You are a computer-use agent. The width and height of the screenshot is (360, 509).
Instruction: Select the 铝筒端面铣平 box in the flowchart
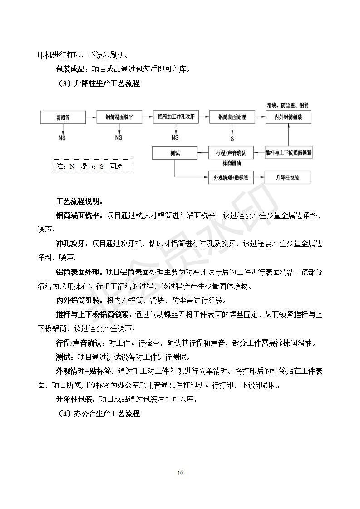(x=119, y=117)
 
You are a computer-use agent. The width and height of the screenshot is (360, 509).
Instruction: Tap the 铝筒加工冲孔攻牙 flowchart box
(x=176, y=117)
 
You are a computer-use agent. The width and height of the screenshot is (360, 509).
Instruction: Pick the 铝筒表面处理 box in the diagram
(x=232, y=117)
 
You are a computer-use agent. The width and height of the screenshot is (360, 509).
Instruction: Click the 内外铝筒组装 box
(x=288, y=117)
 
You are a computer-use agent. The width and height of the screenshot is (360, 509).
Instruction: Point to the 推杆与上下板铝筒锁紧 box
(x=288, y=152)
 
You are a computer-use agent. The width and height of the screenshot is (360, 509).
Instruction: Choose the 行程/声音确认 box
(x=231, y=152)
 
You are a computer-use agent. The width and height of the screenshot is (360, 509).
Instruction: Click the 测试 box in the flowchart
(x=175, y=153)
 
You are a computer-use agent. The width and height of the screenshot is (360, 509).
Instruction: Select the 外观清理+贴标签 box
(x=231, y=177)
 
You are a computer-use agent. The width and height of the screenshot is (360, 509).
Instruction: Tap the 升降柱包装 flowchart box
(x=287, y=177)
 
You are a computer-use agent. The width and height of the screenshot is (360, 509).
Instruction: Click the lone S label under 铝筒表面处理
(x=232, y=138)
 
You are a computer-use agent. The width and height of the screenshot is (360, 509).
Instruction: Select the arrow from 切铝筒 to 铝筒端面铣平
(x=91, y=117)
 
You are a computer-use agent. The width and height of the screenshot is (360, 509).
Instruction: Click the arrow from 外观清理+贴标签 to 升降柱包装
(x=259, y=177)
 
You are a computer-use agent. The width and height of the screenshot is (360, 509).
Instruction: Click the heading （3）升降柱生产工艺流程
(x=99, y=84)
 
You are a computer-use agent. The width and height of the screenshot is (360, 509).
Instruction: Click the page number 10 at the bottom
(x=180, y=473)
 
